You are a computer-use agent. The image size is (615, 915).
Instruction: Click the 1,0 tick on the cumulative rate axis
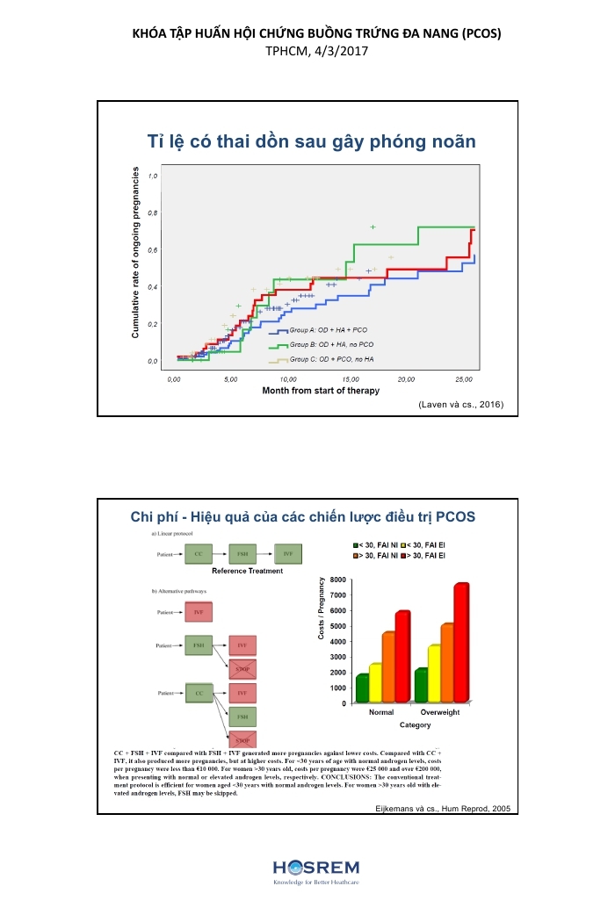(x=154, y=176)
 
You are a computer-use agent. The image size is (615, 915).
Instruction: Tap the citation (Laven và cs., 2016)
(x=461, y=405)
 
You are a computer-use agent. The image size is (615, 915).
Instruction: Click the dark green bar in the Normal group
(x=362, y=688)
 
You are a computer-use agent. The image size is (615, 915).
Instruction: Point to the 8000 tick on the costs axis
(x=337, y=580)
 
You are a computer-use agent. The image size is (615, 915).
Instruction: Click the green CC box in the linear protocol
(x=199, y=554)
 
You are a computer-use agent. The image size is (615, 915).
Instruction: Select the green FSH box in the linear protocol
(x=243, y=554)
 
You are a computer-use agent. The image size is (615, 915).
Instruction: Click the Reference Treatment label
(x=248, y=571)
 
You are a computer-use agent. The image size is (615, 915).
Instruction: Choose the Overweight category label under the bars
(x=440, y=712)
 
